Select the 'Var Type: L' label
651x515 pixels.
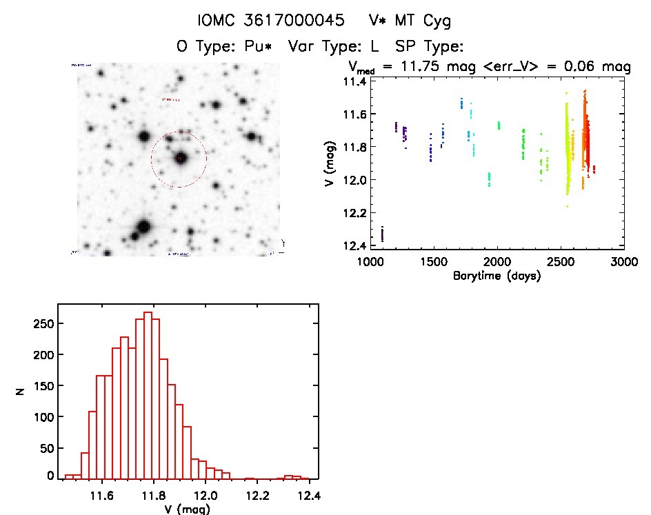(336, 47)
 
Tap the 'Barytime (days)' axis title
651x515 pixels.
(497, 276)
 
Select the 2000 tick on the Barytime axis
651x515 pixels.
(497, 262)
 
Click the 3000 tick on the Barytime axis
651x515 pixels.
(624, 262)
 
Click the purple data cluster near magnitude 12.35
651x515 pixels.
(382, 234)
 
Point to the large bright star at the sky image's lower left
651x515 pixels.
(143, 227)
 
